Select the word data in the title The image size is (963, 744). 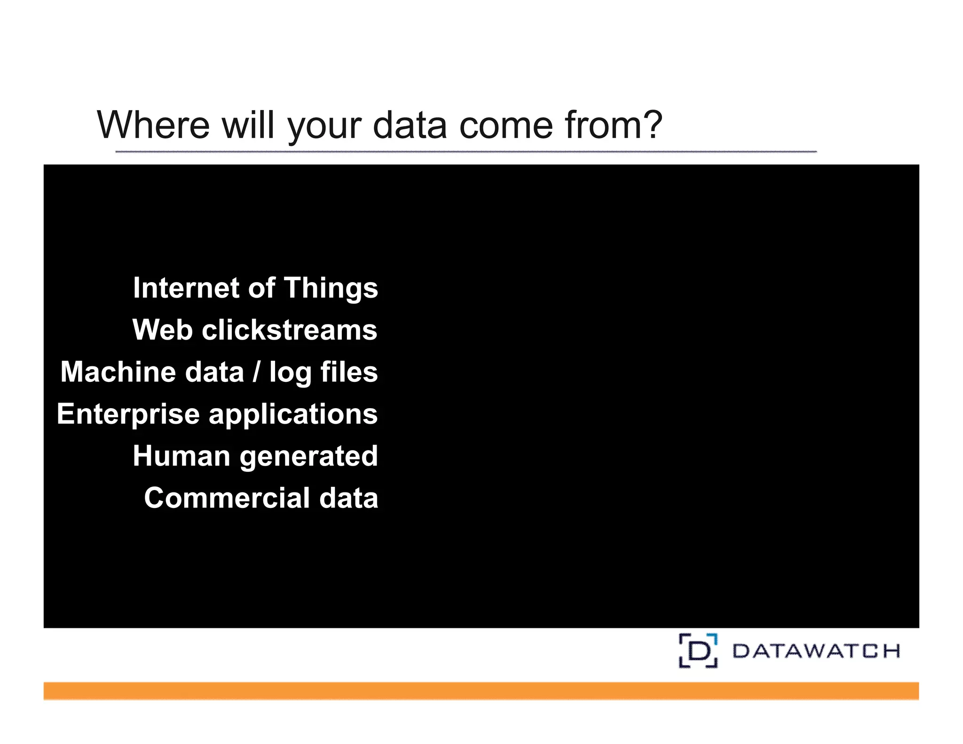[x=410, y=125]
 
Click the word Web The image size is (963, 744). [x=162, y=330]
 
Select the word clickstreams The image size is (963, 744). [x=289, y=330]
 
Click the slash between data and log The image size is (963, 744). [x=256, y=372]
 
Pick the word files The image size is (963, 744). [x=349, y=372]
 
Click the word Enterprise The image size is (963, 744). [x=128, y=414]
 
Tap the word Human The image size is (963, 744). [x=181, y=456]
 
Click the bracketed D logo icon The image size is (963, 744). [x=698, y=651]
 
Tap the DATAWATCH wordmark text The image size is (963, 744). [x=816, y=651]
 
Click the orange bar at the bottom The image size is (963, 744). [x=481, y=691]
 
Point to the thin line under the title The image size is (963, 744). [x=466, y=152]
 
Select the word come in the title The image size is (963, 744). [x=506, y=125]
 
